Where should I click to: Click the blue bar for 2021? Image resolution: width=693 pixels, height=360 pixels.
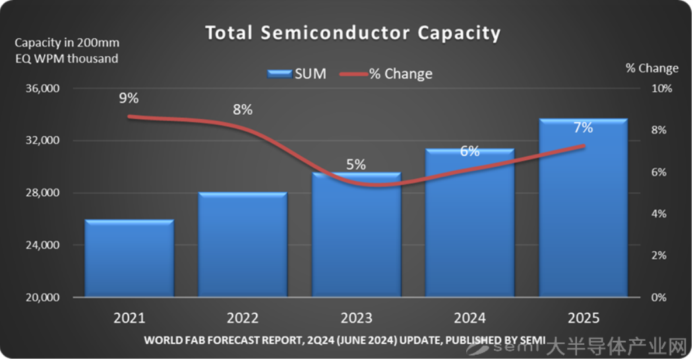tap(129, 258)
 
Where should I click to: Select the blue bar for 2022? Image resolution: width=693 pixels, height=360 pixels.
tap(243, 245)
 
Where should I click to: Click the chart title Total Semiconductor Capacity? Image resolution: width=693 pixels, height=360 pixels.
tap(353, 33)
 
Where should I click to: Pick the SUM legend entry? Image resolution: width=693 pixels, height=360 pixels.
tap(297, 74)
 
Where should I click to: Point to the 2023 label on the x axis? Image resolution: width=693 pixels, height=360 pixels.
tap(356, 318)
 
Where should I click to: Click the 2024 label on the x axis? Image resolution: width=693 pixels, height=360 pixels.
tap(469, 318)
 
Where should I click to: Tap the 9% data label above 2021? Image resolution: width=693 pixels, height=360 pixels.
tap(129, 98)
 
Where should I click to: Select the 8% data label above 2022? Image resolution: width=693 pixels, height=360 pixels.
tap(243, 110)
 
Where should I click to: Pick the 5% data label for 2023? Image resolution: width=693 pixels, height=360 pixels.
tap(356, 165)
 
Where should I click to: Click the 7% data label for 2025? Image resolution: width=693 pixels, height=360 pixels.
tap(583, 128)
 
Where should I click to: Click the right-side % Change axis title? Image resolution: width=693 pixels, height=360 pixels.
tap(651, 69)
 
